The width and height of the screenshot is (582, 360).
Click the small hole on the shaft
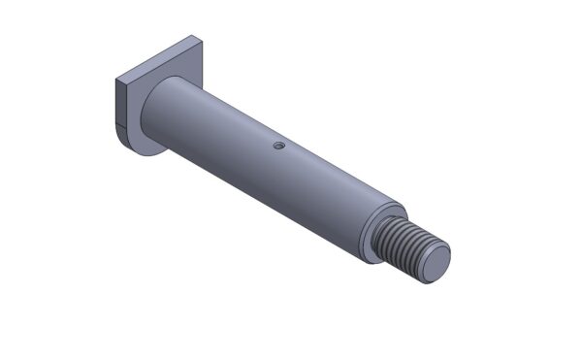coord(277,146)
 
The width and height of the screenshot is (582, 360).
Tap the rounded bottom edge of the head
coord(145,152)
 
